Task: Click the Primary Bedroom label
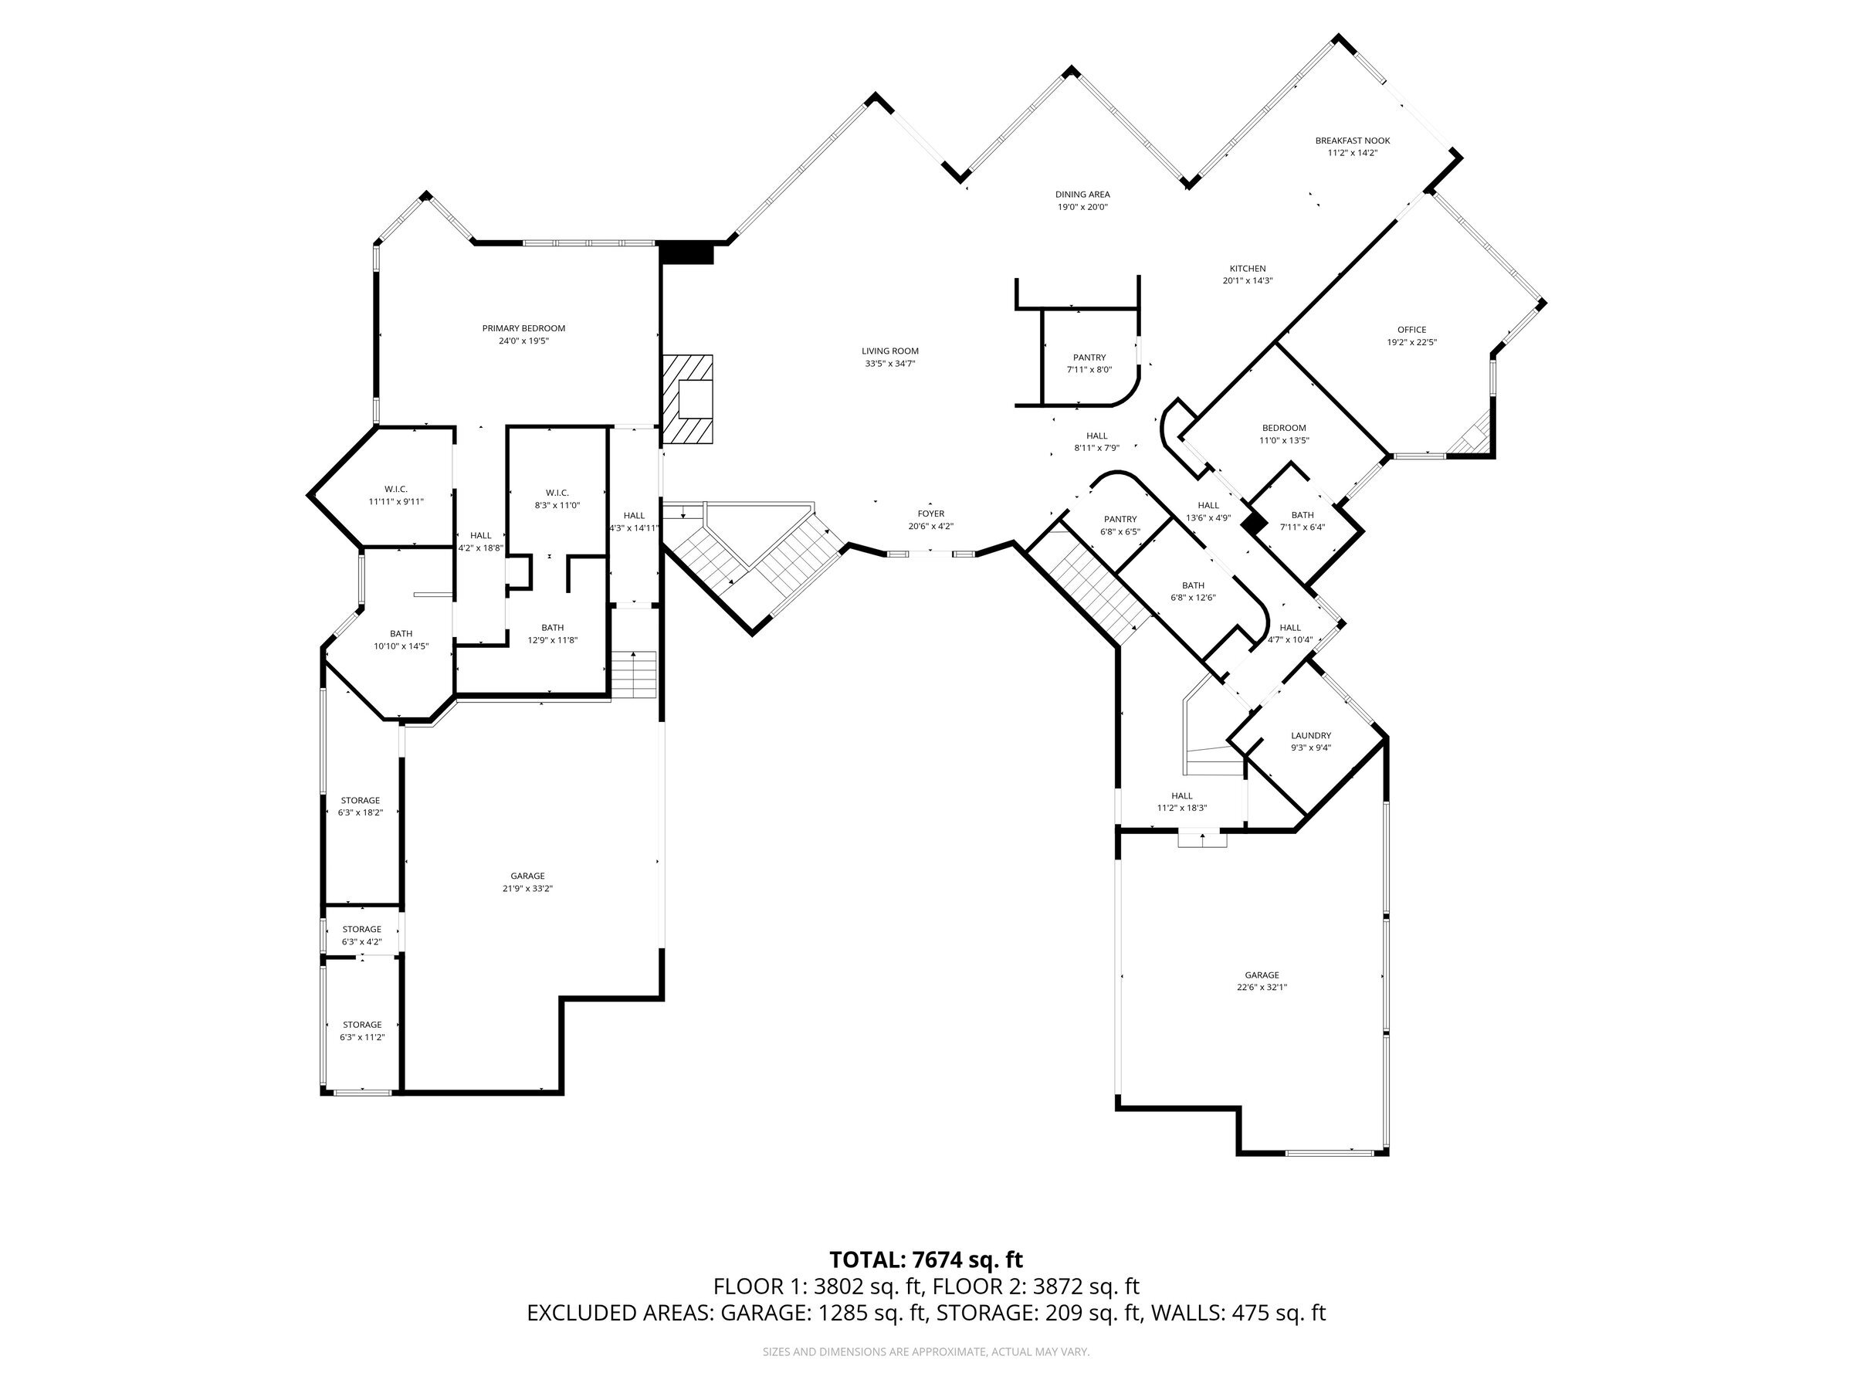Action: coord(523,328)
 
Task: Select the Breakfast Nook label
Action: coord(1352,141)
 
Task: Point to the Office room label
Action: coord(1411,329)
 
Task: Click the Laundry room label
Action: coord(1311,736)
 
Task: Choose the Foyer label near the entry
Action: coord(930,514)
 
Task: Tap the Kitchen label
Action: coord(1248,269)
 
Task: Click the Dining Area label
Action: coord(1082,195)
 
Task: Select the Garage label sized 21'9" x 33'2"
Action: coord(528,876)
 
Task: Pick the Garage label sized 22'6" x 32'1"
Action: coord(1262,975)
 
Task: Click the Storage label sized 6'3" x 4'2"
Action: coord(361,929)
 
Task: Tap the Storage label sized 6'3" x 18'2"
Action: coord(361,800)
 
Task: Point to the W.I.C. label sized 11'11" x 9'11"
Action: coord(396,490)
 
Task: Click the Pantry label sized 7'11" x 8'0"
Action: coord(1089,358)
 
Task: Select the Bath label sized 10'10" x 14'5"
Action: coord(401,633)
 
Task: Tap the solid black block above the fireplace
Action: coord(686,253)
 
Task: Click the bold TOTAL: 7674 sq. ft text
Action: coord(926,1260)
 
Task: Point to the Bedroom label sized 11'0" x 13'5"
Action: coord(1283,428)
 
